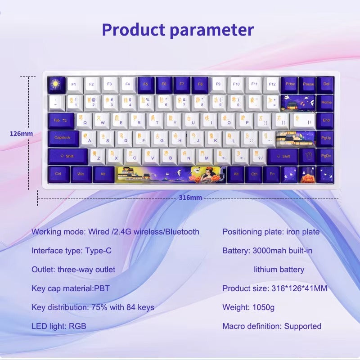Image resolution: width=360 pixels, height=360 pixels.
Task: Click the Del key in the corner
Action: [325, 84]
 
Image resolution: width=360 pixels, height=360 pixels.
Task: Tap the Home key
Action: [326, 102]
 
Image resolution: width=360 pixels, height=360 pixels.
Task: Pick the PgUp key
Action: [326, 138]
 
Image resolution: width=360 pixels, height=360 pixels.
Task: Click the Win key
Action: [81, 174]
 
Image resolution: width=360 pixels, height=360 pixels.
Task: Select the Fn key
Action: [271, 174]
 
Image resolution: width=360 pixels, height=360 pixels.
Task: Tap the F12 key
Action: [271, 84]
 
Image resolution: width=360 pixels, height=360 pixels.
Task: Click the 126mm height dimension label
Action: [21, 134]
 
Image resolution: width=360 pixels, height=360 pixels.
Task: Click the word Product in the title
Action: [134, 30]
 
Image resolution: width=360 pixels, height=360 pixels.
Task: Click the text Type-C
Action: [98, 251]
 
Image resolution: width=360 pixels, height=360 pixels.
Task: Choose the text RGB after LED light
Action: [78, 326]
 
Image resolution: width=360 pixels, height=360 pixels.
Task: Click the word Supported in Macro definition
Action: [303, 326]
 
